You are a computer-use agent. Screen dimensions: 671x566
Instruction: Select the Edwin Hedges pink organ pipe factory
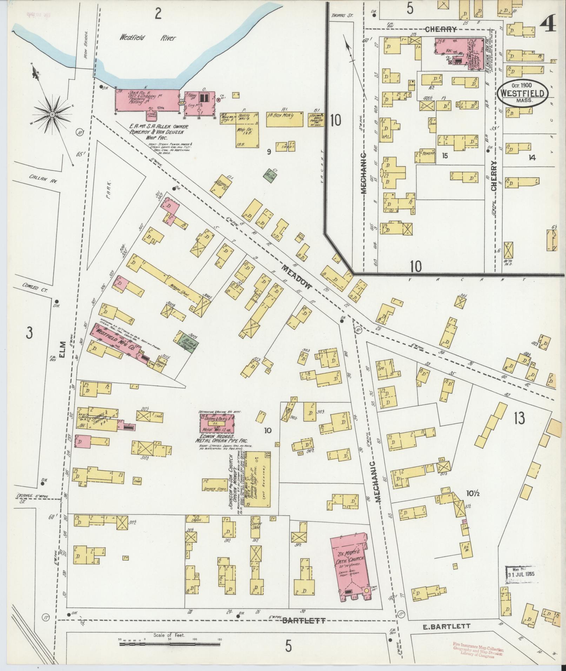click(x=217, y=424)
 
